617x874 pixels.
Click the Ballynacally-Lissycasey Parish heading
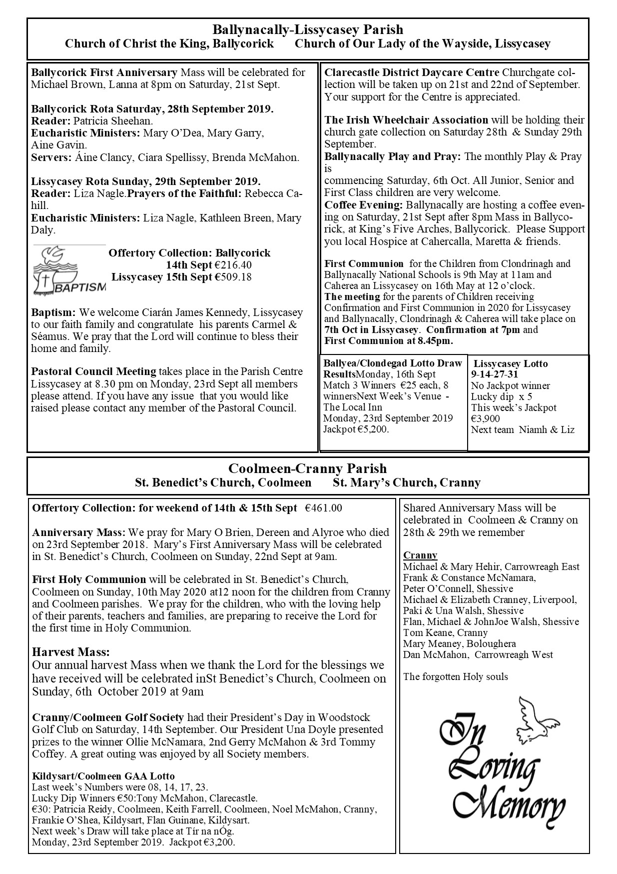[308, 30]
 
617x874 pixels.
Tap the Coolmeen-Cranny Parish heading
[308, 468]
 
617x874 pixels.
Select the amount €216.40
[233, 265]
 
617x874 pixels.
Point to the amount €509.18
[233, 277]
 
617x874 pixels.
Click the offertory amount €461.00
[323, 508]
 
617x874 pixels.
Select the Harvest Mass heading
[70, 652]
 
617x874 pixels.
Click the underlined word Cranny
[420, 555]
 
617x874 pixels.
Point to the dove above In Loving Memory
[537, 719]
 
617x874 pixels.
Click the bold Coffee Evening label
[363, 205]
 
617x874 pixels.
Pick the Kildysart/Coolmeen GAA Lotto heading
[103, 776]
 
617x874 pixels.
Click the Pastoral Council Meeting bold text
[93, 371]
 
